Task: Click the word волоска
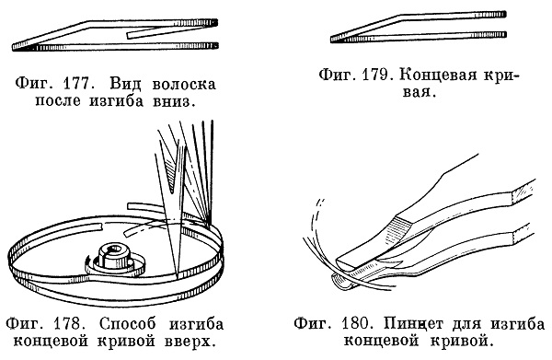click(184, 85)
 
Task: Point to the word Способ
click(128, 324)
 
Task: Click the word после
click(58, 101)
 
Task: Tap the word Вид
click(125, 85)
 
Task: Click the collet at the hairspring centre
click(113, 256)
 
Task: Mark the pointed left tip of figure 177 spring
click(14, 47)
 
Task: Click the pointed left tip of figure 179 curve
click(332, 39)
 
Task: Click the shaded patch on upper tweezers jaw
click(397, 233)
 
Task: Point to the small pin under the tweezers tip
click(340, 282)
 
